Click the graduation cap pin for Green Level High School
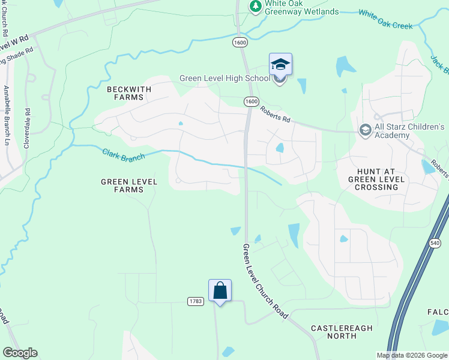click(280, 64)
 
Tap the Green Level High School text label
click(224, 79)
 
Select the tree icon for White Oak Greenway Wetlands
click(255, 6)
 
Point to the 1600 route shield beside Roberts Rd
click(251, 102)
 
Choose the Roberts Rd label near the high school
click(276, 115)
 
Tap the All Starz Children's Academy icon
click(364, 130)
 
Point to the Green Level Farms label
click(129, 185)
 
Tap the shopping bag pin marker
click(220, 291)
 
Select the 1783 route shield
click(195, 301)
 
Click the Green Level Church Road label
click(265, 281)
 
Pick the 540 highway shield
click(435, 242)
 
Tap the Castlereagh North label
click(342, 332)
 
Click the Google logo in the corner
click(20, 353)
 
